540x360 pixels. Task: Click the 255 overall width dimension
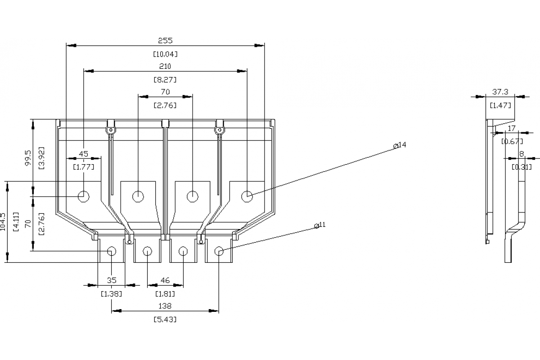(165, 40)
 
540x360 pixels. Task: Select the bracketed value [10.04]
(165, 54)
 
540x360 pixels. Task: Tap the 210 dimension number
(165, 66)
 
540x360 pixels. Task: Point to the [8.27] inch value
(165, 80)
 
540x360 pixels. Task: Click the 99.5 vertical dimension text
(28, 157)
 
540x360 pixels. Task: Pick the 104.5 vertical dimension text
(4, 222)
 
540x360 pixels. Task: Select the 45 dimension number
(83, 153)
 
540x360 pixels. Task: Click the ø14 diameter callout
(400, 145)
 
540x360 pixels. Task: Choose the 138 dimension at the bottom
(165, 306)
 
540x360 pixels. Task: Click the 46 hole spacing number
(165, 280)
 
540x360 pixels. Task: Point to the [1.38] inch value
(111, 293)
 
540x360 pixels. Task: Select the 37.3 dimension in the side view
(500, 92)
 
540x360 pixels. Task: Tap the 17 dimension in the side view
(511, 128)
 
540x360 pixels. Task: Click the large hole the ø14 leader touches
(247, 196)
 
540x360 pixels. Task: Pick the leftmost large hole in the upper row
(84, 196)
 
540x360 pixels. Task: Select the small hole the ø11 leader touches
(219, 251)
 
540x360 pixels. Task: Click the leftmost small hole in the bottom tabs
(111, 251)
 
